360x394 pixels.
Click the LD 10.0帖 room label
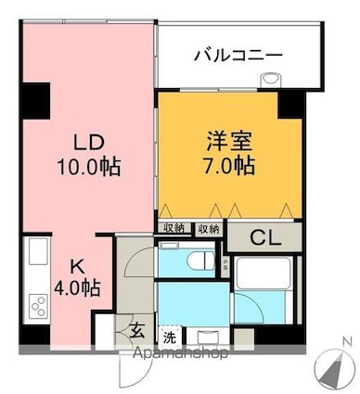tap(89, 155)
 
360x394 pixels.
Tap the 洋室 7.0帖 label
tap(229, 155)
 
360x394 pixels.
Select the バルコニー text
tap(238, 57)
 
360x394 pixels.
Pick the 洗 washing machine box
tap(170, 336)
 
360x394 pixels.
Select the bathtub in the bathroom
tap(264, 274)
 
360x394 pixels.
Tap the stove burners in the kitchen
tap(38, 305)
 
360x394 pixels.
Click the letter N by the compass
tap(346, 342)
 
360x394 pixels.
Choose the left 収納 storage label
tap(174, 228)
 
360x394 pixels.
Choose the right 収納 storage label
tap(208, 228)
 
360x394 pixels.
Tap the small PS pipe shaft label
tap(225, 263)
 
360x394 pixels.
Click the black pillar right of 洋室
tap(289, 103)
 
